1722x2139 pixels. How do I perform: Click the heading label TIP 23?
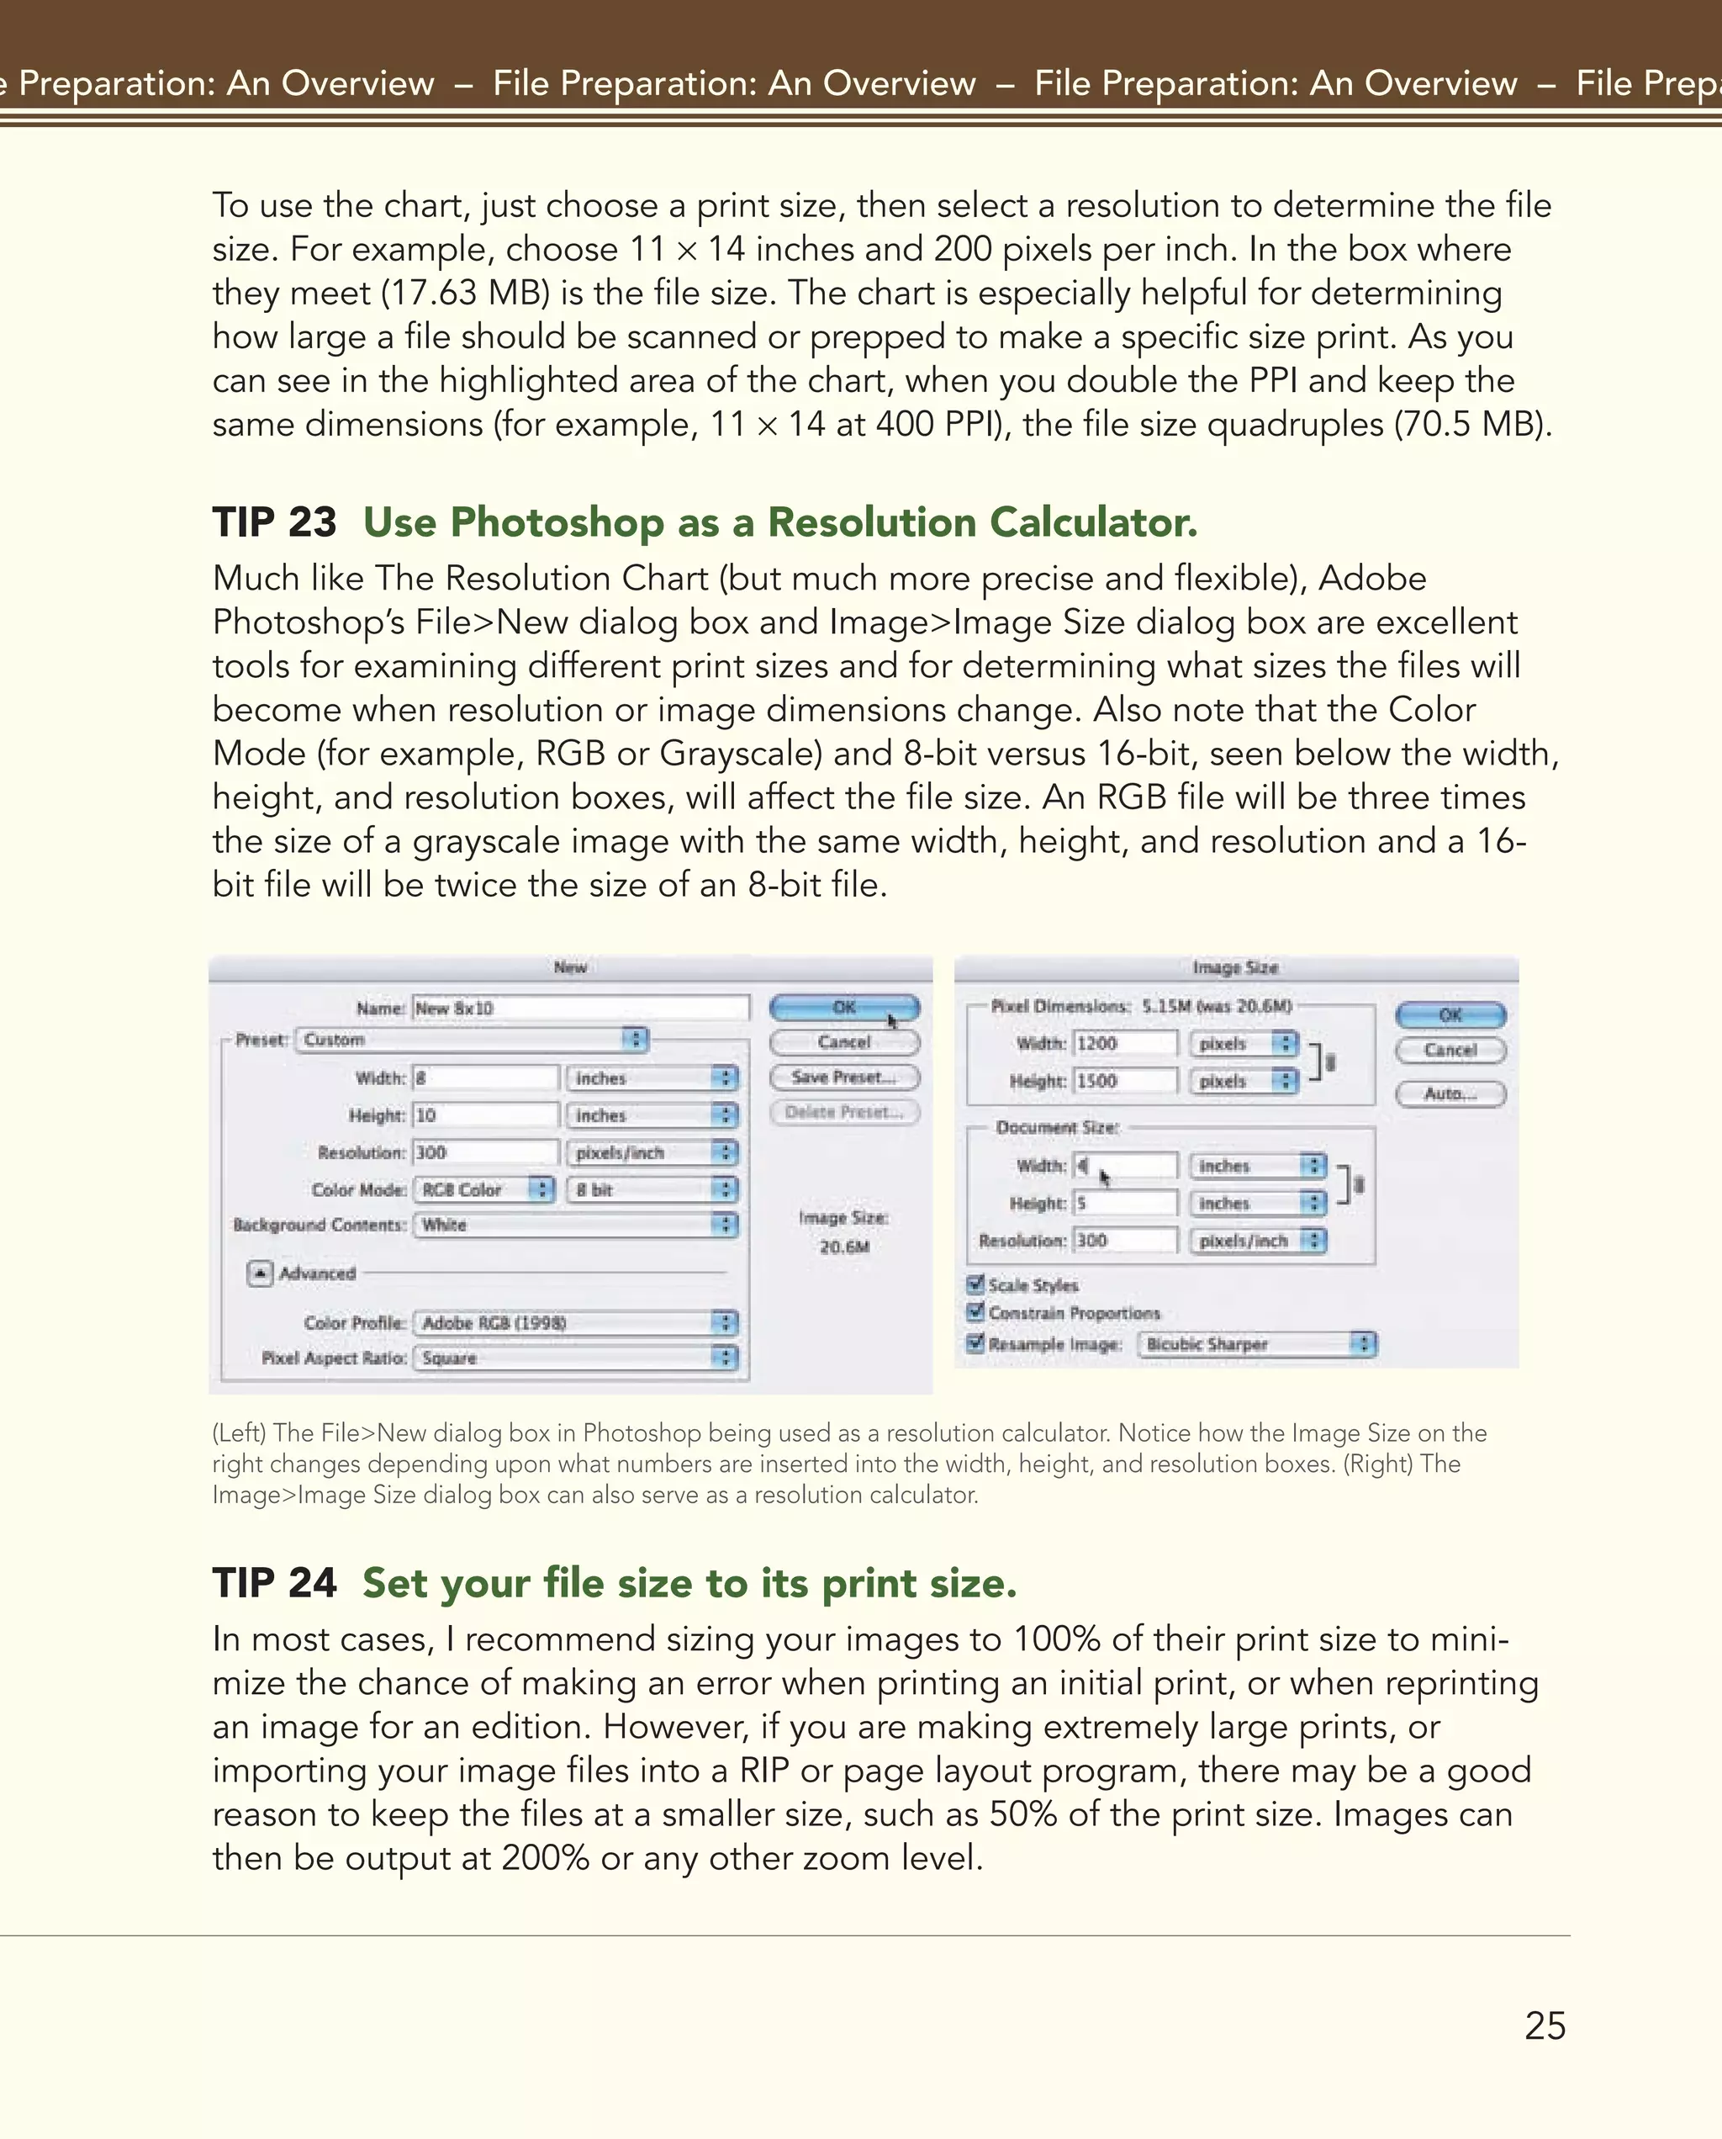275,523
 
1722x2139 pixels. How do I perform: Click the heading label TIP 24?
275,1583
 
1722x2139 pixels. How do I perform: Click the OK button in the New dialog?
844,1007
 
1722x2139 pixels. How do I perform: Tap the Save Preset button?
844,1077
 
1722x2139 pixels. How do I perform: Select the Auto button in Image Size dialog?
1450,1093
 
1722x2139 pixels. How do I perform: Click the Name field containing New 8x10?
580,1008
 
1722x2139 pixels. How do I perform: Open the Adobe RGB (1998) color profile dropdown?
576,1322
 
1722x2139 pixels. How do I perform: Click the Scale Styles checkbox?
976,1284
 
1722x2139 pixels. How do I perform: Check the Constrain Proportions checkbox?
976,1312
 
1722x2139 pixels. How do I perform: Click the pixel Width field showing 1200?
1125,1044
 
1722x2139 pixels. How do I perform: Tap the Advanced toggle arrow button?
260,1273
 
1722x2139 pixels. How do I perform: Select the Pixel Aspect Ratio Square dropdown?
576,1358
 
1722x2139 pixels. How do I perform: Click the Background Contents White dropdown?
576,1226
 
